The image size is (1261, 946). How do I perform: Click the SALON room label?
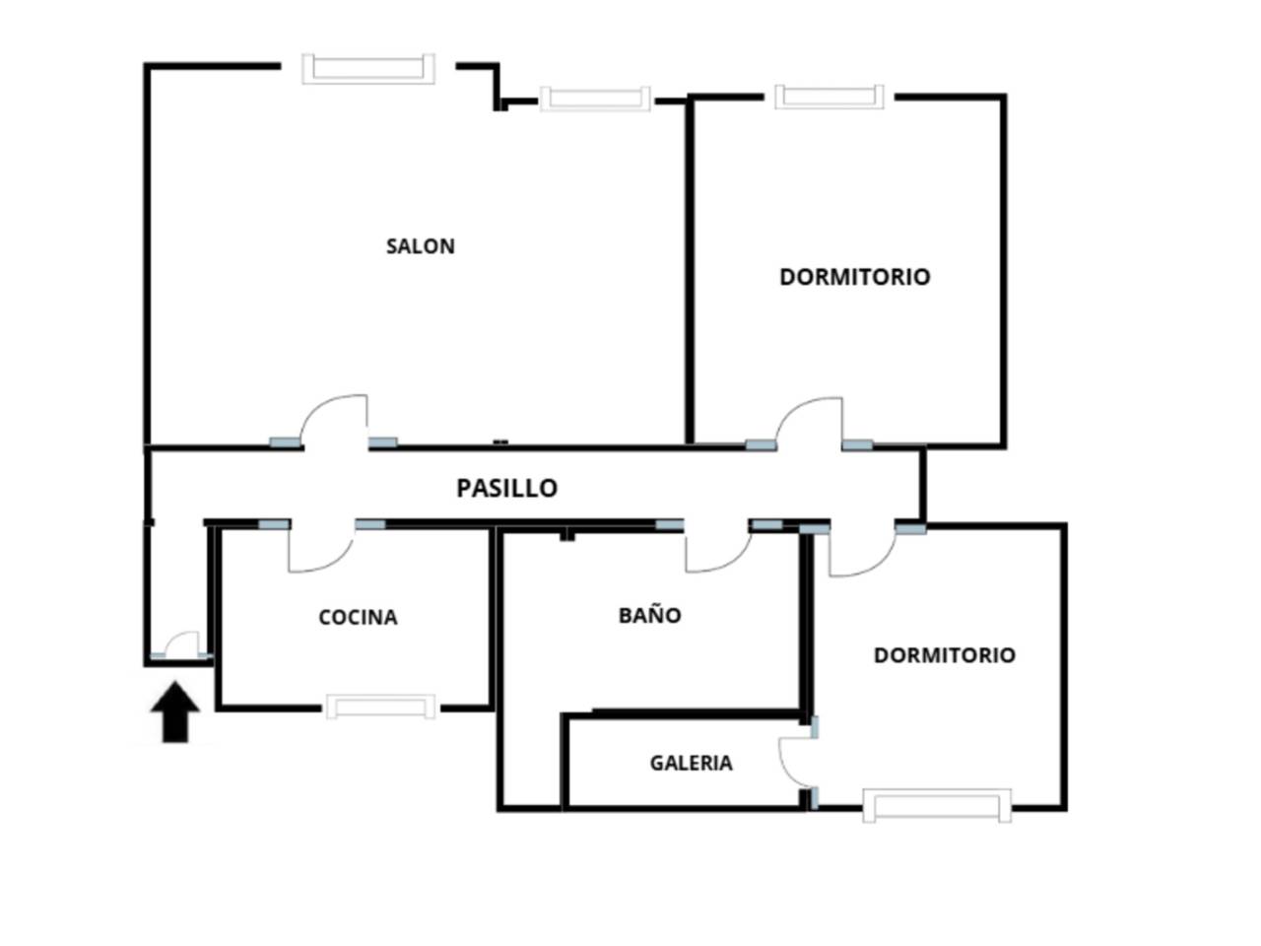pyautogui.click(x=420, y=246)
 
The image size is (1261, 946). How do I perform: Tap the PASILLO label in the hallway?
pyautogui.click(x=506, y=488)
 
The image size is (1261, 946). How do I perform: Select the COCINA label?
pyautogui.click(x=358, y=618)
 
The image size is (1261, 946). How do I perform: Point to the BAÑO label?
pyautogui.click(x=650, y=615)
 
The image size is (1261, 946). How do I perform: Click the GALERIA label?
pyautogui.click(x=692, y=764)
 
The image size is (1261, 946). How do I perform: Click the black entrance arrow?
pyautogui.click(x=175, y=712)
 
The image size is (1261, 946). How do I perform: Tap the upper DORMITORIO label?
pyautogui.click(x=855, y=278)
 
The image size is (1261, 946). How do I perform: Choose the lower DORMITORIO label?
pyautogui.click(x=945, y=655)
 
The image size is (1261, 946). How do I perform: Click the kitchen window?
pyautogui.click(x=380, y=707)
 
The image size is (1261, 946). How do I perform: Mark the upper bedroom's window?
pyautogui.click(x=829, y=97)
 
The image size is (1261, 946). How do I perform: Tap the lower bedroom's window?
pyautogui.click(x=937, y=805)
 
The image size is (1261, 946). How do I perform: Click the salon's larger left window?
pyautogui.click(x=368, y=69)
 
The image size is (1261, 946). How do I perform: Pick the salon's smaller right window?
pyautogui.click(x=595, y=99)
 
